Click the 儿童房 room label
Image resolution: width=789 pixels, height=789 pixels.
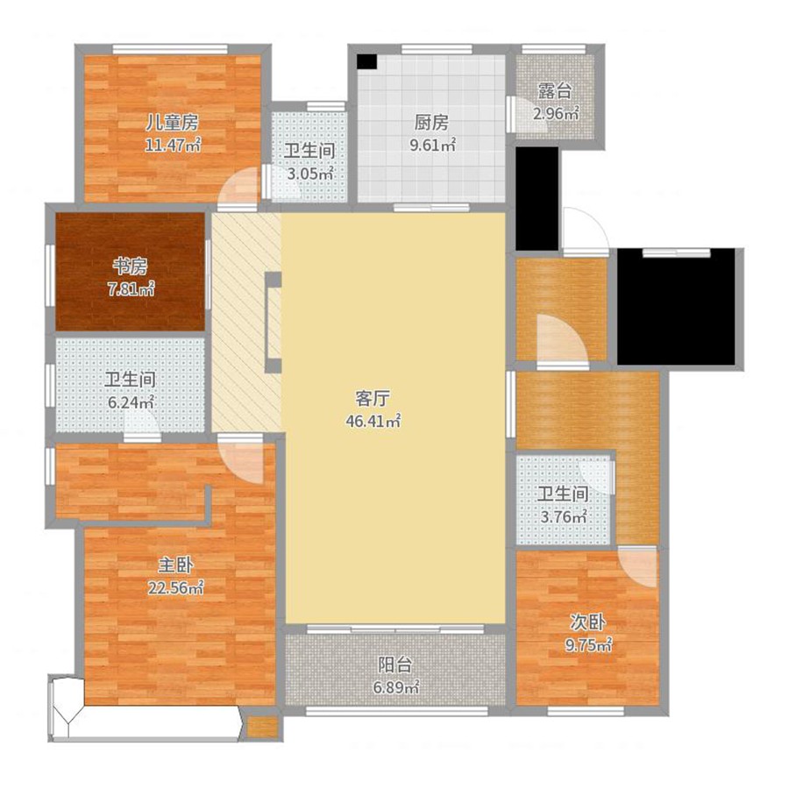(173, 122)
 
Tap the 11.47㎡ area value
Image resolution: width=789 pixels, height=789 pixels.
(173, 146)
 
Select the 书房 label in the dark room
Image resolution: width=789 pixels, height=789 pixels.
(131, 267)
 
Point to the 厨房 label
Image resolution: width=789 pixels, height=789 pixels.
(431, 122)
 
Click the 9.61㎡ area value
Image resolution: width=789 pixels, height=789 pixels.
(433, 146)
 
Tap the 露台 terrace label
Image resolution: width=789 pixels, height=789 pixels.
(555, 91)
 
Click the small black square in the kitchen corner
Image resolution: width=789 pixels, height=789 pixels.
(366, 61)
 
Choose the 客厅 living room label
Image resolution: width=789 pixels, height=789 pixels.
(373, 398)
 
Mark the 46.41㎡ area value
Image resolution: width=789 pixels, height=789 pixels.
(373, 421)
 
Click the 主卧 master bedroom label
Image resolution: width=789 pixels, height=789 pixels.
(175, 565)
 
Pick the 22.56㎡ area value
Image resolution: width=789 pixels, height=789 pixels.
(175, 587)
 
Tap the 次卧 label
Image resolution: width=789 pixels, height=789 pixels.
(587, 622)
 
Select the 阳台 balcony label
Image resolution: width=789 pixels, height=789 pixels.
(395, 665)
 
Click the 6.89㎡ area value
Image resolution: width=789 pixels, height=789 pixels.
(396, 687)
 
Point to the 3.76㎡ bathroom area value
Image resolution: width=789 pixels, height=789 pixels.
(564, 516)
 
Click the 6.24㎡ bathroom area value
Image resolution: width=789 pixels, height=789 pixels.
(131, 402)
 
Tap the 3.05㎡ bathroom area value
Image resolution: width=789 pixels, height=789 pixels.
(310, 174)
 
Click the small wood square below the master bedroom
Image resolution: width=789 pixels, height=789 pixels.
(263, 727)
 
